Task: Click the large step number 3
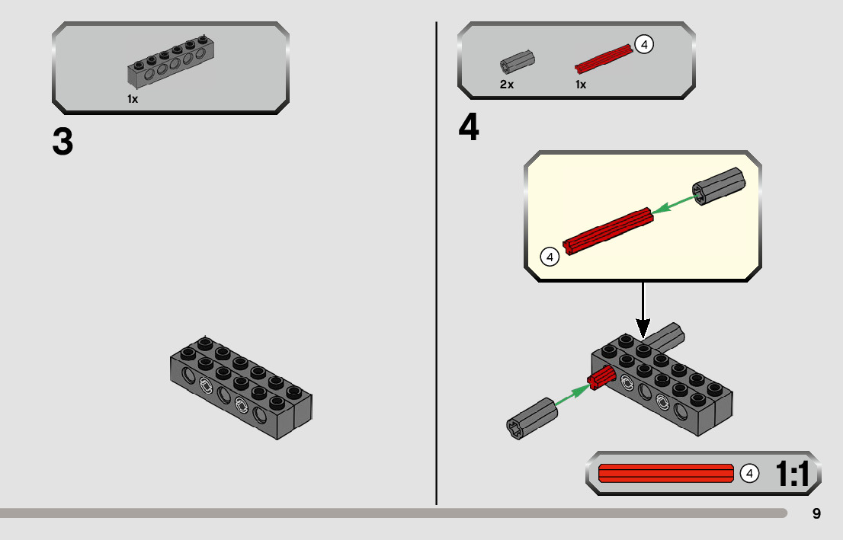[63, 142]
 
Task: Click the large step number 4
[469, 128]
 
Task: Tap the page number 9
[816, 513]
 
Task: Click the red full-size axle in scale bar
[665, 473]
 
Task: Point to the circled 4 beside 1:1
[750, 473]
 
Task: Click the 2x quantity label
[507, 85]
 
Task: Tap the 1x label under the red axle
[581, 85]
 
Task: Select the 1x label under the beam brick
[133, 99]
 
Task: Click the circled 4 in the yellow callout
[550, 257]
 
